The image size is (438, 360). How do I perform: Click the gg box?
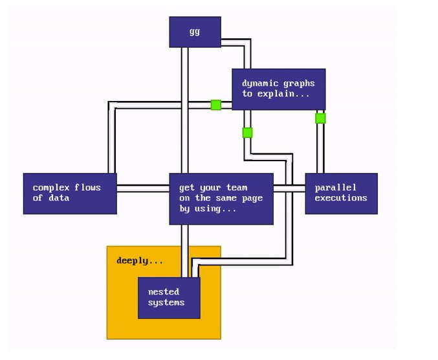click(195, 32)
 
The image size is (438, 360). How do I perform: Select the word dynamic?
click(260, 83)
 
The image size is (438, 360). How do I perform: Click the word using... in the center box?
click(223, 208)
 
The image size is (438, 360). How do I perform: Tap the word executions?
click(340, 197)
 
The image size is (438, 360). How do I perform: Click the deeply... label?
click(140, 261)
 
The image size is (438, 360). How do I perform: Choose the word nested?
click(163, 291)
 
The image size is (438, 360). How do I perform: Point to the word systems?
click(166, 302)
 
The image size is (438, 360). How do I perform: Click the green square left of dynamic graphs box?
click(215, 105)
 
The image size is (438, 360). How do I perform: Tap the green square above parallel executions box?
click(320, 118)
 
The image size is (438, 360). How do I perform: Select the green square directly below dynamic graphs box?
click(247, 133)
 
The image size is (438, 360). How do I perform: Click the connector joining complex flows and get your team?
click(142, 188)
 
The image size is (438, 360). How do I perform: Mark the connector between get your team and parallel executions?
click(289, 188)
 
